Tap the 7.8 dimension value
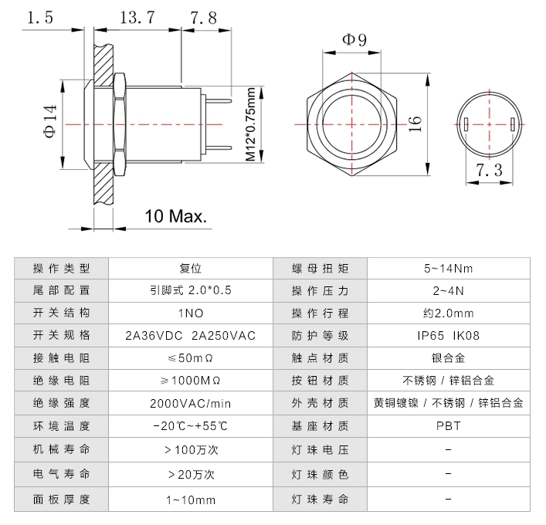202,18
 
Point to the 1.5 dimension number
39,18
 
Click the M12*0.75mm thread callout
252,124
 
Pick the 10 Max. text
176,215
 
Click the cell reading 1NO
190,313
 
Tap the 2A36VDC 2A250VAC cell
190,335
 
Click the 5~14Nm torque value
448,268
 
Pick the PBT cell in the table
448,425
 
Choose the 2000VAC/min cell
190,403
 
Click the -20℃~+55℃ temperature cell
190,425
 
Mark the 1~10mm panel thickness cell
190,500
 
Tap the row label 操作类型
61,268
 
